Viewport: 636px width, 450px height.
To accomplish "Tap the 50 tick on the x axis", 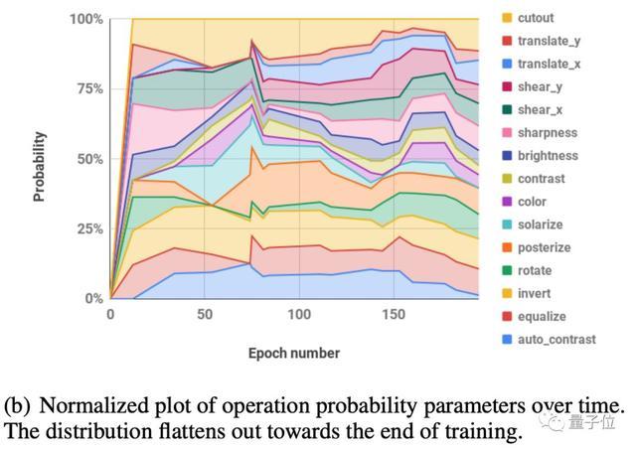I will pyautogui.click(x=205, y=315).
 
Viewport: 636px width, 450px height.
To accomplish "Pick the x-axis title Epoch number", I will pyautogui.click(x=293, y=353).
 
